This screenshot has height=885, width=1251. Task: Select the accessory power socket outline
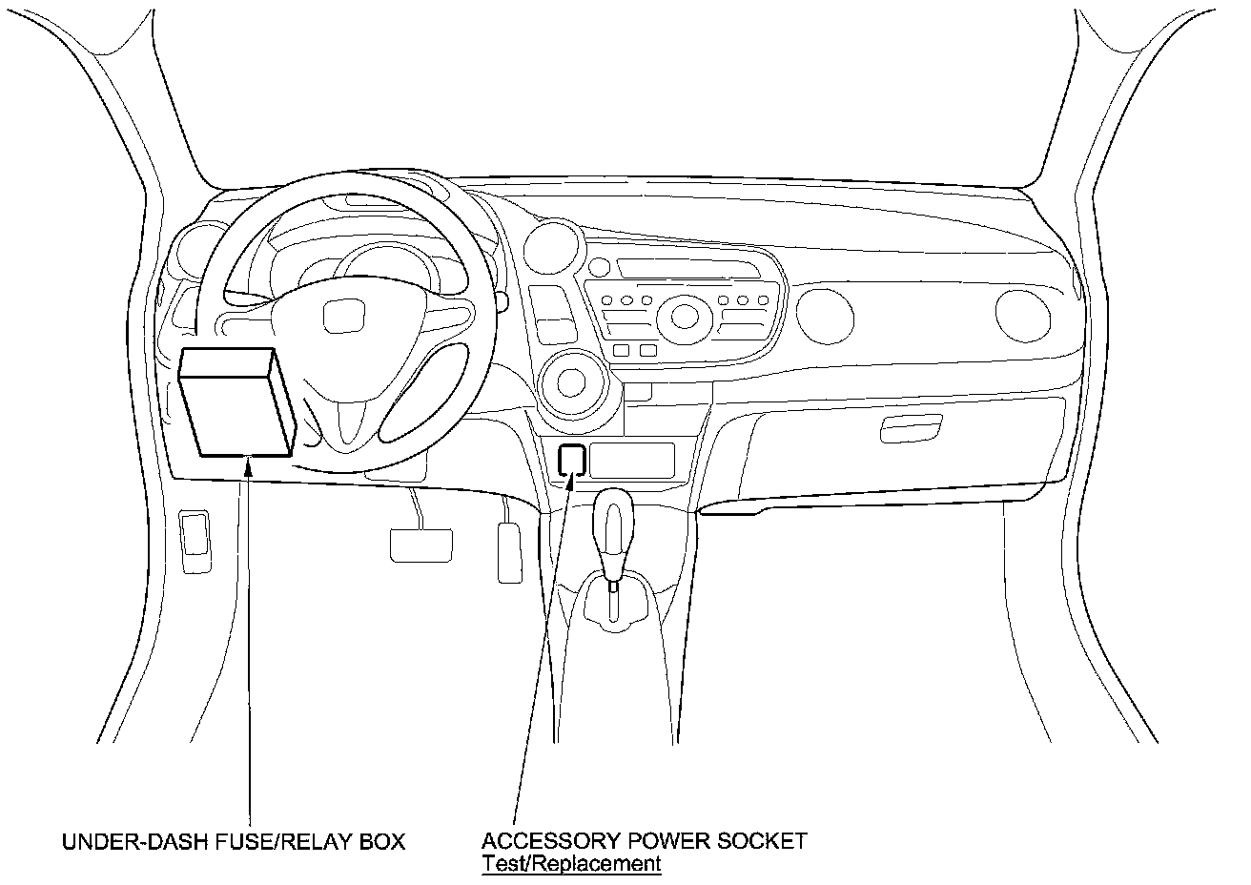pyautogui.click(x=571, y=459)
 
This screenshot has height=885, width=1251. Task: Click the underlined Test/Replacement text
pyautogui.click(x=570, y=864)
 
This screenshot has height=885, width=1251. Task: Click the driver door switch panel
pyautogui.click(x=195, y=541)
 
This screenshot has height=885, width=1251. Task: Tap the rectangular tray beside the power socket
pyautogui.click(x=631, y=460)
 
